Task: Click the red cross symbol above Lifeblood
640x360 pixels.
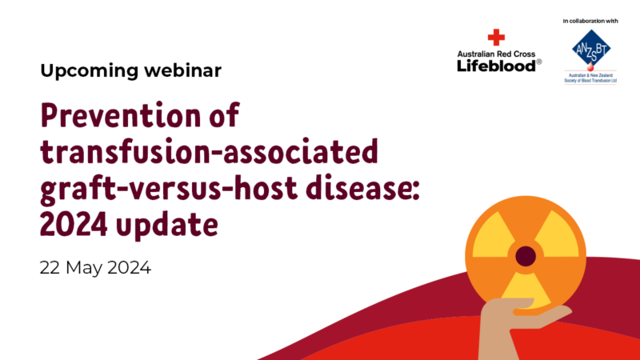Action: pos(496,37)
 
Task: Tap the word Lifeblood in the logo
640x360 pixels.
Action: pos(496,66)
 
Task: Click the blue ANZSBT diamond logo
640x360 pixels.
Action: pos(590,48)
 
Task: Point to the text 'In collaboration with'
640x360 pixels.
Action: pos(590,21)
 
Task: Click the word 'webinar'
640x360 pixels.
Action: pos(183,70)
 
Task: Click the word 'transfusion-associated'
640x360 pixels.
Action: pos(210,151)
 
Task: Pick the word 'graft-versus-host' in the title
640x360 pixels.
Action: pos(169,189)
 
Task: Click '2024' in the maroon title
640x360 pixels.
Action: pos(74,224)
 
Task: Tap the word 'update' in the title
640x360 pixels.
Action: pos(167,225)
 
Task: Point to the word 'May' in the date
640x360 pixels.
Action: pos(83,269)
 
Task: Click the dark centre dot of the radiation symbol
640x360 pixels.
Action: pos(526,256)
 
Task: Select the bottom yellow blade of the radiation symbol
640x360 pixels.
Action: pos(526,290)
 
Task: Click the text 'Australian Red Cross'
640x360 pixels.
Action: pos(496,54)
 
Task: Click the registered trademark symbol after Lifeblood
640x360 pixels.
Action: pos(538,62)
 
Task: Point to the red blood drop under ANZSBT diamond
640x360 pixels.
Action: pos(590,67)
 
